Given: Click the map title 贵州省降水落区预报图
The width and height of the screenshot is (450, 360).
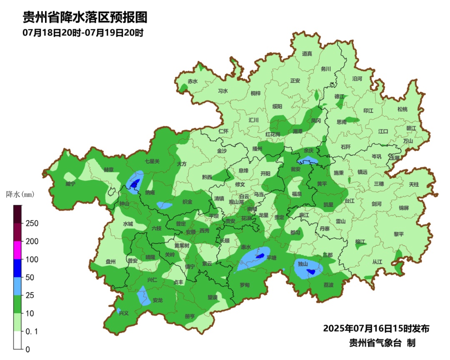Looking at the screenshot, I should coord(85,17).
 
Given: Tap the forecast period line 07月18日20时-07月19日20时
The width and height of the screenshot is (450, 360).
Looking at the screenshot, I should coord(83,33).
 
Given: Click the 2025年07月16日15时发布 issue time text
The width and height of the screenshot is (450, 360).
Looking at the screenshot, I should coord(376,329).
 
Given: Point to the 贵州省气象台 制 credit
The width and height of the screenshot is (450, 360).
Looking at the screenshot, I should coord(382,343).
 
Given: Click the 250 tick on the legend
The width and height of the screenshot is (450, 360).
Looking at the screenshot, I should coord(32,223).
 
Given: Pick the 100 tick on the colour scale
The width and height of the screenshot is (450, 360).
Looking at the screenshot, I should coord(32,259).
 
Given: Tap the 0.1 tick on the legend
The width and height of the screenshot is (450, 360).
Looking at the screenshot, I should coord(32,331).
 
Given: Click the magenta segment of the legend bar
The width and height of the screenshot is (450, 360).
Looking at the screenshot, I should coord(17,250).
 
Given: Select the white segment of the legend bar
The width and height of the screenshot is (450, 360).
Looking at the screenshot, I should coord(17,340).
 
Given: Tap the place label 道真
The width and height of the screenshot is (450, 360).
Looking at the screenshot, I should coord(307,54).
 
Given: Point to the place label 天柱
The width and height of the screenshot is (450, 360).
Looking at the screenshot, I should coord(414,184).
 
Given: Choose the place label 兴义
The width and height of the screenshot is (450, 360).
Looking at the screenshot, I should coord(124,312).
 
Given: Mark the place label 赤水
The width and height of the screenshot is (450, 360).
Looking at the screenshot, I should coord(192,81).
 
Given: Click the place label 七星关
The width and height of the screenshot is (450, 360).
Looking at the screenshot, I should coord(152,161).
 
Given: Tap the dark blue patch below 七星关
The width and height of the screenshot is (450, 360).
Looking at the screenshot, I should coord(134,184).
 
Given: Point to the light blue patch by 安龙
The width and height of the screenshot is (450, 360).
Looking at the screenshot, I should coord(143,296).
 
